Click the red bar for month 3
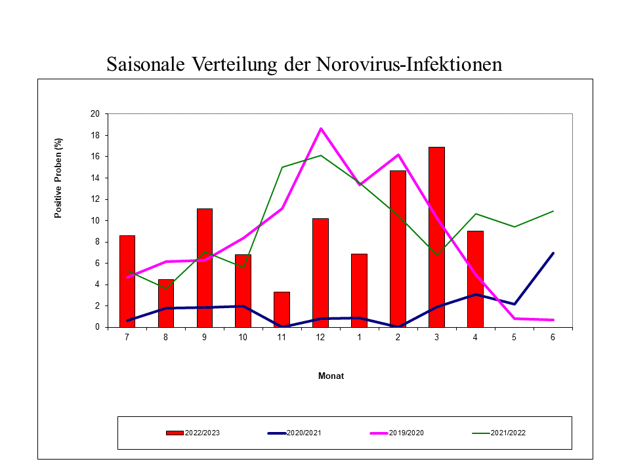click(x=436, y=237)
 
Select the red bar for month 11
click(x=282, y=309)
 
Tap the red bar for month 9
click(x=205, y=267)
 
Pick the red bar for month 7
click(x=127, y=281)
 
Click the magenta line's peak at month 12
click(x=321, y=128)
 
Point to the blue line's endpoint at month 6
click(x=553, y=253)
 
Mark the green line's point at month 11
click(x=282, y=167)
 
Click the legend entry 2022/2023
click(x=193, y=433)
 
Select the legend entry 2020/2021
click(x=295, y=433)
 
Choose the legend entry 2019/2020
click(x=397, y=433)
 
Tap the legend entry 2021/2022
click(x=499, y=433)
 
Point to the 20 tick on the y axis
click(x=94, y=114)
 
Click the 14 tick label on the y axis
click(x=94, y=178)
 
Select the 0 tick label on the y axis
click(x=97, y=327)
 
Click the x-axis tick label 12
click(x=320, y=338)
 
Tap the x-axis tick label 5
click(x=514, y=338)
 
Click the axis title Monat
click(x=331, y=376)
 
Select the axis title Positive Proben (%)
click(x=58, y=178)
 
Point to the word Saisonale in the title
click(x=146, y=64)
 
